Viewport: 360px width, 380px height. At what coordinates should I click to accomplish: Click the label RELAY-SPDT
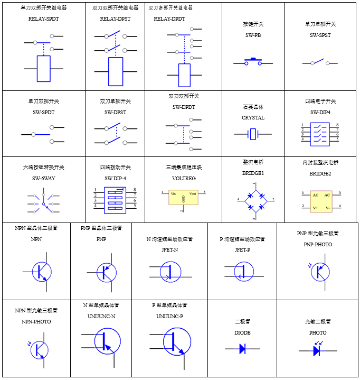coord(43,18)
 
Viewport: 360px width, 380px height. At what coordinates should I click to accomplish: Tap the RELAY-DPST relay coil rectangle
coord(116,71)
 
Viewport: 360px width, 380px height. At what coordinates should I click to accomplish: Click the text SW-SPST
coord(320,35)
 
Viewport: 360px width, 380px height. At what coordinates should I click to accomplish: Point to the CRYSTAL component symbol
coord(253,134)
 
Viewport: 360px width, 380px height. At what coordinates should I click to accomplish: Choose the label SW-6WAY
coord(43,178)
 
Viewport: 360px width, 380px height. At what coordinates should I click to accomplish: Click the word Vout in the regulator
coord(193,194)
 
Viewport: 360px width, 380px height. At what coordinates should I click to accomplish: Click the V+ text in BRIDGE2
coord(316,208)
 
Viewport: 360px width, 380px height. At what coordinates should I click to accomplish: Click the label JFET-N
coord(169,249)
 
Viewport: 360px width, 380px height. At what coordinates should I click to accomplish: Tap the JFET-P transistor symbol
coord(243,272)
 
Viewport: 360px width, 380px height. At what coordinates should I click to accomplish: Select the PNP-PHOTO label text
coord(318,244)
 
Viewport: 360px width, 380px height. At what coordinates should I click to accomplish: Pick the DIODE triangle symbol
coord(243,349)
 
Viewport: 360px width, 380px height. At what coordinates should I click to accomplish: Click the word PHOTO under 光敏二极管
coord(318,333)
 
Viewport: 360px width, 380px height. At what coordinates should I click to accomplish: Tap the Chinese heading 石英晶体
coord(253,107)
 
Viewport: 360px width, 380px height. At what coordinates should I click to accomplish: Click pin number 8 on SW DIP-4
coord(135,190)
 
